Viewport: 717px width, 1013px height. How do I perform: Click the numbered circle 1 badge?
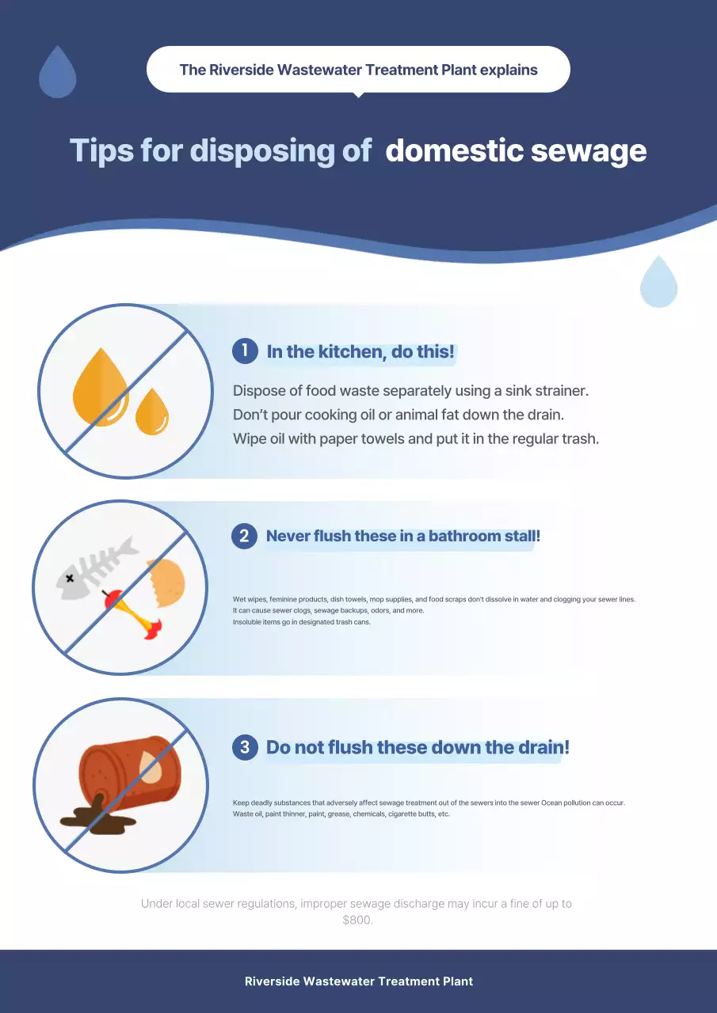[245, 351]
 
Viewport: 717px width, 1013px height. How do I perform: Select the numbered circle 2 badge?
[245, 536]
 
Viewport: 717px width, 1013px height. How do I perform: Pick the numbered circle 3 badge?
[245, 747]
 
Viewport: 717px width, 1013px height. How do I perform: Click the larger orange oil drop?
[101, 388]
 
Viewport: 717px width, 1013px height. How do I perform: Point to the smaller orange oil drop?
[152, 412]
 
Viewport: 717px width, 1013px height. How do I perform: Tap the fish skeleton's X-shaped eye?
[70, 578]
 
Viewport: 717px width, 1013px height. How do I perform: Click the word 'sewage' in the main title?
[589, 150]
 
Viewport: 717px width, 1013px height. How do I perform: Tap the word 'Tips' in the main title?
[102, 150]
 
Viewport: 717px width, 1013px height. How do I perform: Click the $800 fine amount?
[357, 920]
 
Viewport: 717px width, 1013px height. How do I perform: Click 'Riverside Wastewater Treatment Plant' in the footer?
[358, 981]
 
